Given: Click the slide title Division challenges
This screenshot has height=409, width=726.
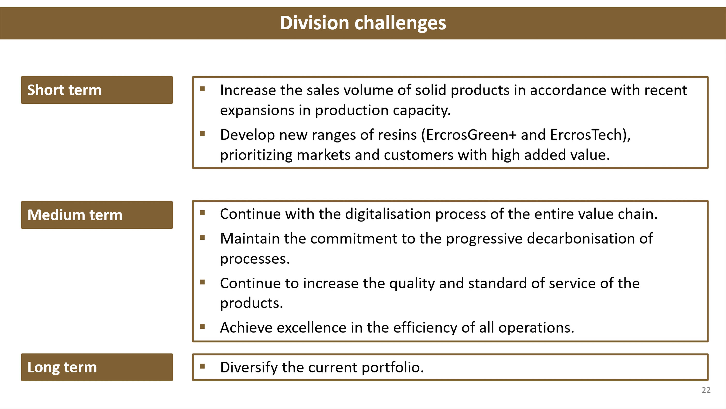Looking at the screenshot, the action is (x=363, y=23).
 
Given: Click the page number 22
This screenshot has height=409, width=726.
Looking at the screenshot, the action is (x=706, y=390).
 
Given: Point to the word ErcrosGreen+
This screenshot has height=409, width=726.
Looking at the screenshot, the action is (x=471, y=135).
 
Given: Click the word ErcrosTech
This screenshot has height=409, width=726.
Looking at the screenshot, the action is (x=586, y=135).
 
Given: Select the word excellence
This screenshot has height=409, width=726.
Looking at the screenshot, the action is (x=311, y=328).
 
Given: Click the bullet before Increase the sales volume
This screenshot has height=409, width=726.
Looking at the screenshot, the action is (x=202, y=89).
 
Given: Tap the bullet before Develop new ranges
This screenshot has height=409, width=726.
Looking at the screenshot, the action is (x=202, y=134).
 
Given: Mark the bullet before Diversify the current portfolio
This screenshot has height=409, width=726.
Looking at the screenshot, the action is (x=202, y=366).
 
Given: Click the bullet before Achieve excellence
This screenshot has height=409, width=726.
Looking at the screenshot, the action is (x=202, y=327).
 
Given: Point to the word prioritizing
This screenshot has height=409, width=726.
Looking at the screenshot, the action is (x=256, y=155).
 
